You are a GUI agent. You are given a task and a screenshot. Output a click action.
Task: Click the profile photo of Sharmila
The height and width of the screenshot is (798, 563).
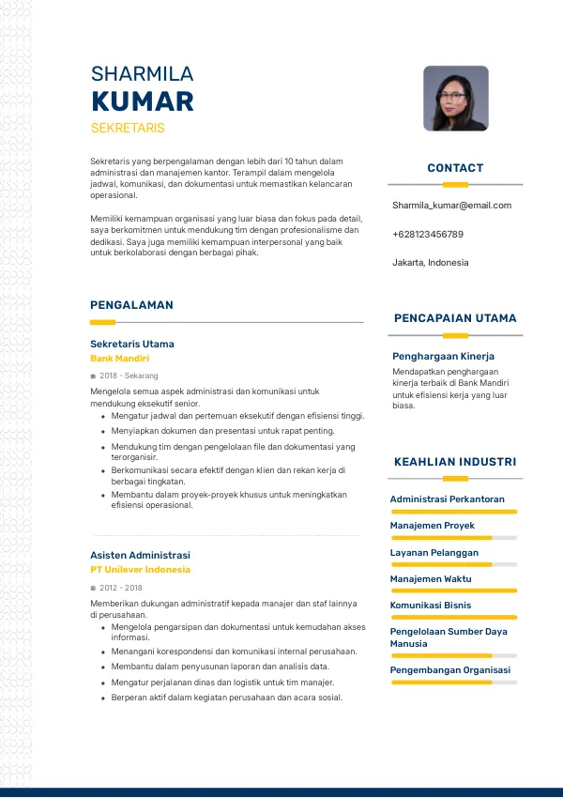pyautogui.click(x=455, y=98)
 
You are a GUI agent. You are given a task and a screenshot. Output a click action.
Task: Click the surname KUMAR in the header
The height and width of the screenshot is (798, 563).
pyautogui.click(x=143, y=101)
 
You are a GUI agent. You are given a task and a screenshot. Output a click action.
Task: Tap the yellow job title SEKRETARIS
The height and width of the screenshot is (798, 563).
pyautogui.click(x=128, y=128)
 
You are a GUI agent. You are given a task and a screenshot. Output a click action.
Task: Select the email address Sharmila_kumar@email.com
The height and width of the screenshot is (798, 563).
pyautogui.click(x=451, y=205)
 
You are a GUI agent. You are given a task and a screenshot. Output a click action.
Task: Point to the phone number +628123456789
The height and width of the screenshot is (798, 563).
pyautogui.click(x=428, y=234)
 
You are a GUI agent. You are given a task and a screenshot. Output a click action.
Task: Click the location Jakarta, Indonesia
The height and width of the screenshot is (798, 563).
pyautogui.click(x=430, y=263)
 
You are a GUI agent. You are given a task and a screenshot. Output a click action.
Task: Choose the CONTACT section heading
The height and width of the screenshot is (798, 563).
pyautogui.click(x=455, y=168)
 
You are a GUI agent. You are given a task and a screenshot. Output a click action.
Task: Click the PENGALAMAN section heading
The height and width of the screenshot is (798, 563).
pyautogui.click(x=131, y=305)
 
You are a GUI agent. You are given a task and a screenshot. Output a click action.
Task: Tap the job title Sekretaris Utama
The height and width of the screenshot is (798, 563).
pyautogui.click(x=132, y=344)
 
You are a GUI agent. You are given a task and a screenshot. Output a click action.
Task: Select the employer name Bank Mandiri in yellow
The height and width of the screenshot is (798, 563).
pyautogui.click(x=119, y=359)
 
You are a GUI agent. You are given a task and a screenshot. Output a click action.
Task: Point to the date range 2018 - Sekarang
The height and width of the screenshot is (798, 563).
pyautogui.click(x=129, y=376)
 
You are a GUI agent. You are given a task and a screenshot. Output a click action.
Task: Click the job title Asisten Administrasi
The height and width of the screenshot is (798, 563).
pyautogui.click(x=140, y=555)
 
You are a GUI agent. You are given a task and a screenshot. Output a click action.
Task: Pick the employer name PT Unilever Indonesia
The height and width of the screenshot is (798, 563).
pyautogui.click(x=140, y=570)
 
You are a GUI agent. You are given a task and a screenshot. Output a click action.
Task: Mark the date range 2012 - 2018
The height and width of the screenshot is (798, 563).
pyautogui.click(x=121, y=587)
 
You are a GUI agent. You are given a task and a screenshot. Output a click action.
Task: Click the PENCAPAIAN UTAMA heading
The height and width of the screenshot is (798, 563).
pyautogui.click(x=455, y=318)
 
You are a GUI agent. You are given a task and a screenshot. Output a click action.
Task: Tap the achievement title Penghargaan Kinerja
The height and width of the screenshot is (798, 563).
pyautogui.click(x=443, y=357)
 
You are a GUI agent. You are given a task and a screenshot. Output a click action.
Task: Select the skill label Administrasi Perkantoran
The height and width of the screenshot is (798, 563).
pyautogui.click(x=448, y=499)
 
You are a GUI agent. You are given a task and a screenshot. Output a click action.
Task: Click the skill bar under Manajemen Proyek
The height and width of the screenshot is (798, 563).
pyautogui.click(x=454, y=538)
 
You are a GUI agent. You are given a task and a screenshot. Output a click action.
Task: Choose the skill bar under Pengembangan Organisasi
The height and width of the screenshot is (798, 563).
pyautogui.click(x=454, y=683)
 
